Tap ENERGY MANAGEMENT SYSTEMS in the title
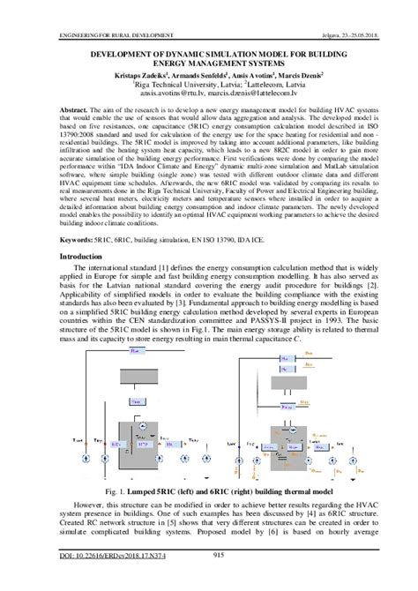tap(208, 64)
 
